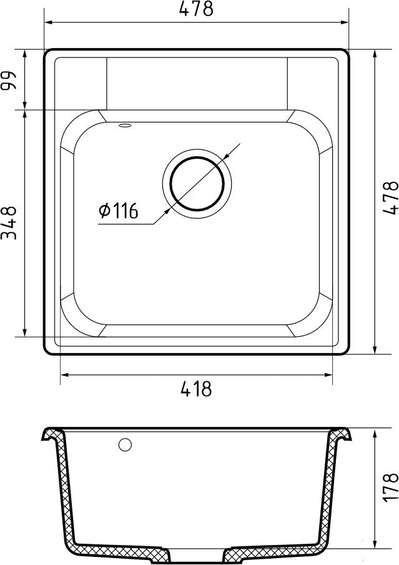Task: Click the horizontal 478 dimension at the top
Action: (196, 9)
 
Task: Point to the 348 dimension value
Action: (9, 223)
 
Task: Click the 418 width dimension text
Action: (196, 389)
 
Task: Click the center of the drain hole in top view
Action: (197, 182)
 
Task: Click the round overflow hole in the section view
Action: (125, 445)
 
